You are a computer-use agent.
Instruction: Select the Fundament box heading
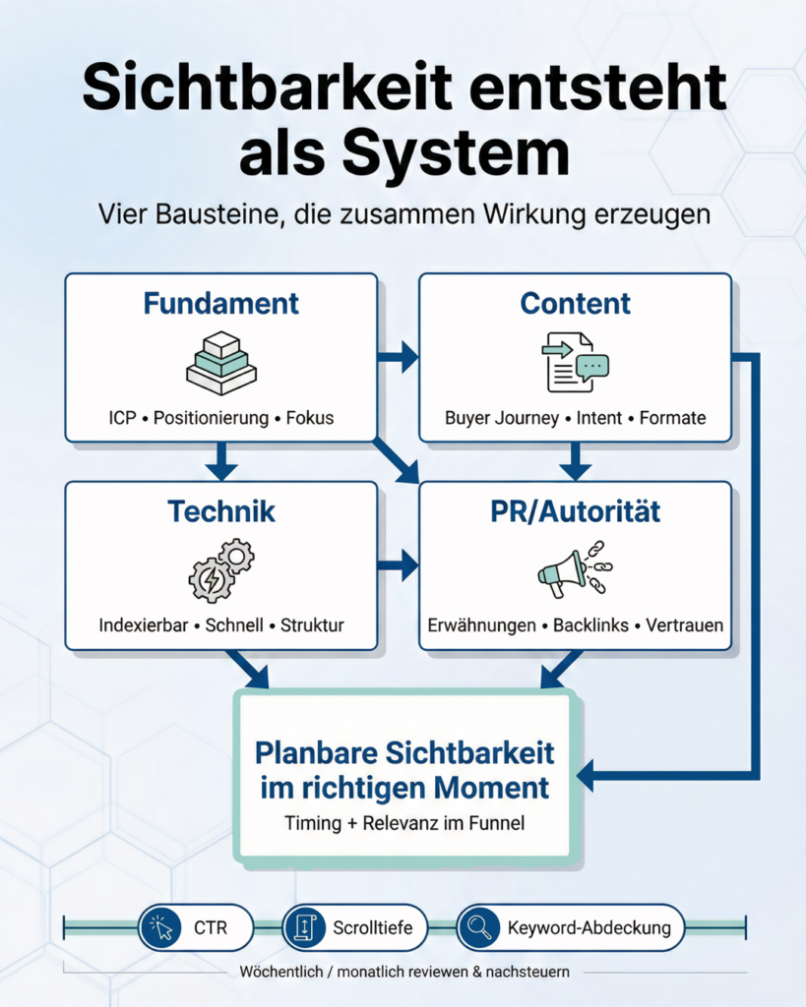click(220, 304)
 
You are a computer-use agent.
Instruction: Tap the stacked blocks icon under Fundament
click(221, 363)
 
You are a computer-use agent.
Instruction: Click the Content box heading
click(575, 304)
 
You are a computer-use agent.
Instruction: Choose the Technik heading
click(220, 511)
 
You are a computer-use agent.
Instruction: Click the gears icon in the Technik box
click(221, 570)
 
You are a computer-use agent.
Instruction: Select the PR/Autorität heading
click(575, 511)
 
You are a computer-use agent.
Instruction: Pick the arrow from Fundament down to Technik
click(220, 460)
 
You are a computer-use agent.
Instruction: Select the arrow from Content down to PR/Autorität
click(575, 460)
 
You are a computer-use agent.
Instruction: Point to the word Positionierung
click(211, 418)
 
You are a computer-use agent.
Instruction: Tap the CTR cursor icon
click(159, 927)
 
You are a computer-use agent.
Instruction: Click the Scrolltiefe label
click(366, 927)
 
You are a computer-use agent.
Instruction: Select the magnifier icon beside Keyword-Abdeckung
click(479, 927)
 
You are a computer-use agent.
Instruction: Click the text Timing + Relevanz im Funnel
click(404, 823)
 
